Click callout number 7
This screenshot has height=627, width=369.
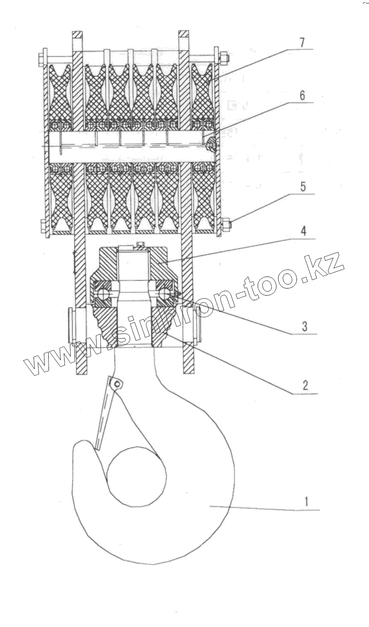click(x=302, y=43)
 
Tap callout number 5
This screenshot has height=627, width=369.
click(x=303, y=187)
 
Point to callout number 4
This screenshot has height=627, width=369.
click(x=303, y=232)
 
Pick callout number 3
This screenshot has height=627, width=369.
click(x=304, y=326)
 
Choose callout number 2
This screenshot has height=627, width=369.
click(x=305, y=385)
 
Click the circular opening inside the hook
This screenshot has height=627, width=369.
click(x=136, y=476)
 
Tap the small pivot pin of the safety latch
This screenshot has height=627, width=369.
click(x=117, y=383)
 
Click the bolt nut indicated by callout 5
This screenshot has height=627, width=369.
click(x=226, y=224)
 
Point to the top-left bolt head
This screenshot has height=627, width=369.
click(x=41, y=58)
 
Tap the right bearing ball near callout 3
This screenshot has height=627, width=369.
click(x=166, y=294)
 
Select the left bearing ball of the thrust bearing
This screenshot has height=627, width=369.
click(x=103, y=294)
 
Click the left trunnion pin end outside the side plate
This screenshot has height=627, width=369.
click(x=70, y=325)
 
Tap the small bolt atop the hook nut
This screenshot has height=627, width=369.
click(x=141, y=243)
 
